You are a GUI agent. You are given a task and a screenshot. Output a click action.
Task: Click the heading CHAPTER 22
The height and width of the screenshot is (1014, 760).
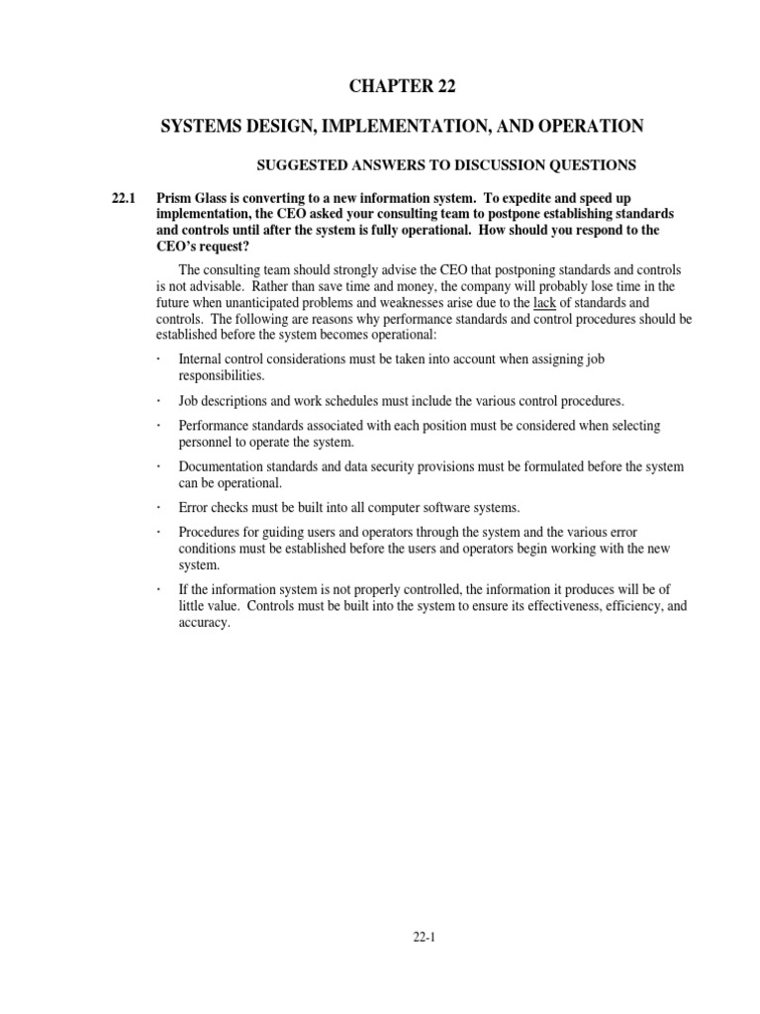click(x=402, y=87)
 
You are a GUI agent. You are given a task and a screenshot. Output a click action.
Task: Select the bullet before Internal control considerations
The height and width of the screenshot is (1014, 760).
click(x=158, y=359)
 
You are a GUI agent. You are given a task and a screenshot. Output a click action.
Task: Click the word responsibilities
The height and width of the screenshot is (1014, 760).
click(x=223, y=376)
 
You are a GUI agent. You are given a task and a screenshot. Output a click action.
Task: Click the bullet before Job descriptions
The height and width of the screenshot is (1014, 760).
click(x=158, y=401)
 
